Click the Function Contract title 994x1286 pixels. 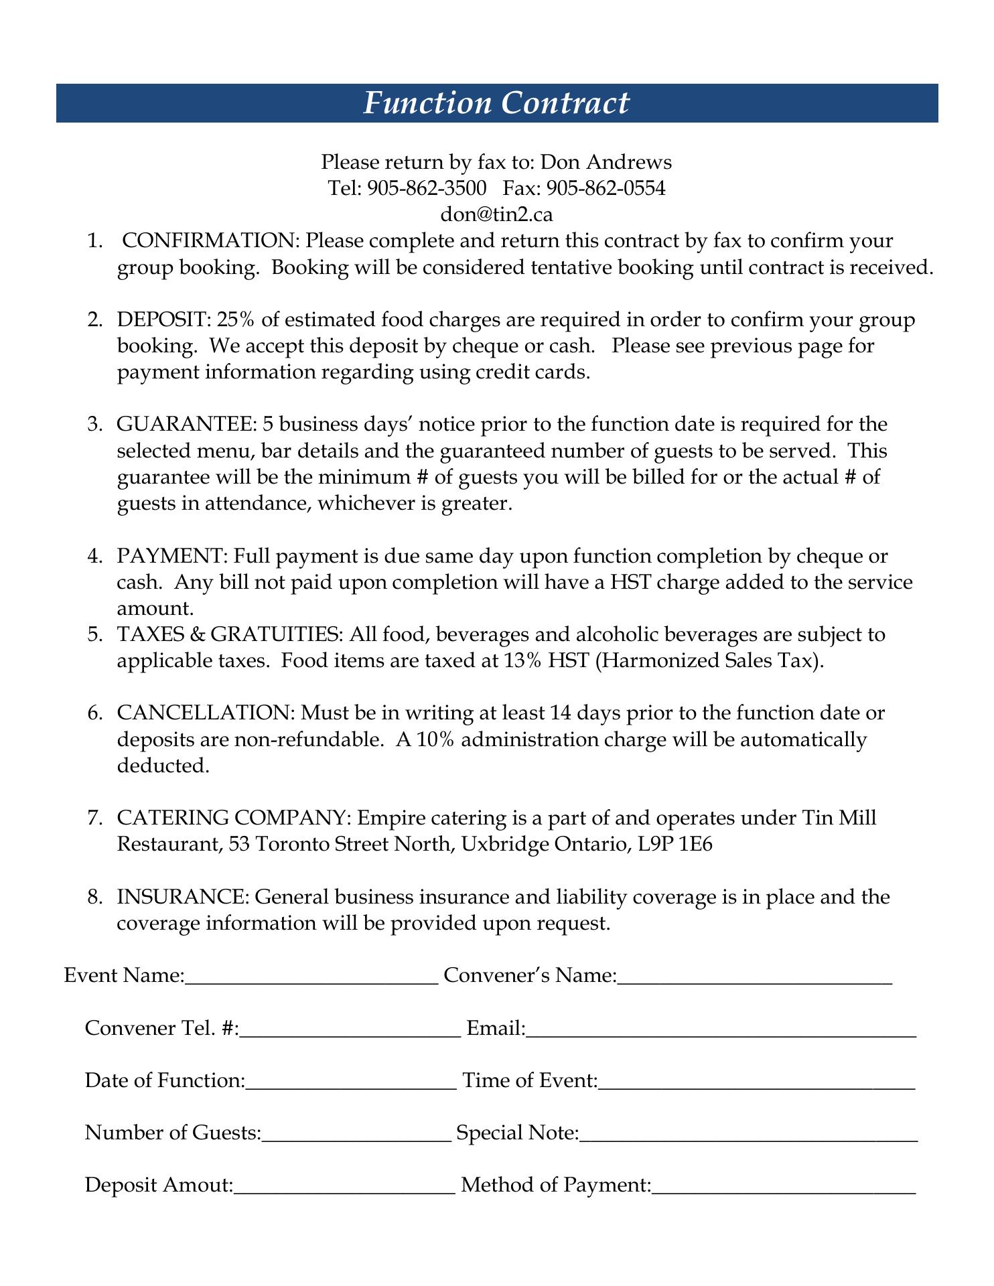click(496, 103)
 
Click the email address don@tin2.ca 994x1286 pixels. click(496, 214)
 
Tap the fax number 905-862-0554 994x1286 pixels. click(606, 188)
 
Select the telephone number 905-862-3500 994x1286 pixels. click(427, 188)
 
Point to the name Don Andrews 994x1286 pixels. click(606, 162)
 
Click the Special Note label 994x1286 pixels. click(517, 1133)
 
